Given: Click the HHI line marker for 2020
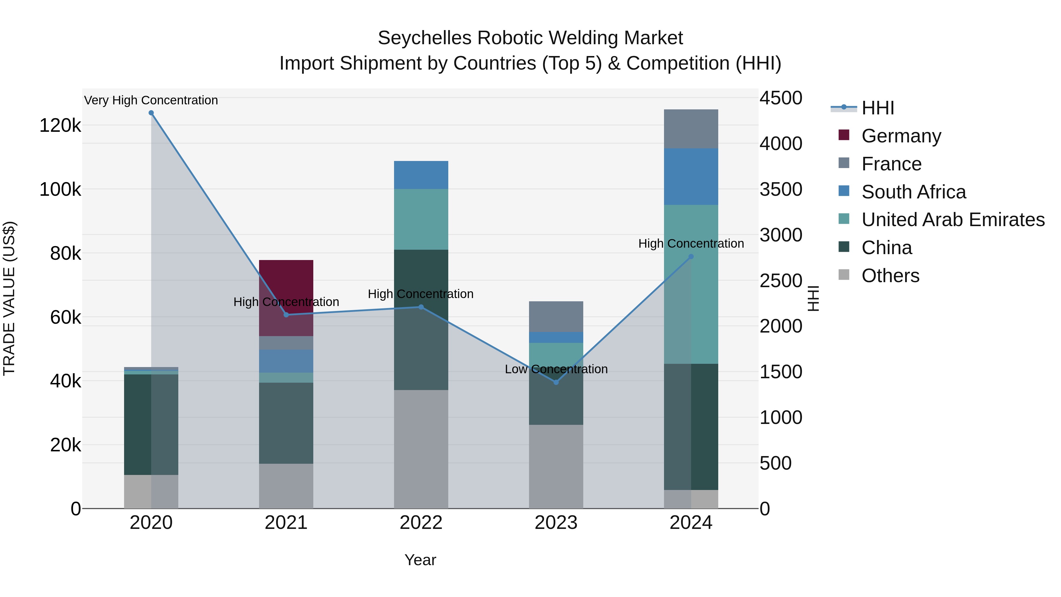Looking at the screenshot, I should [x=151, y=113].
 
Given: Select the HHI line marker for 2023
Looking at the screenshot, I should [x=556, y=382].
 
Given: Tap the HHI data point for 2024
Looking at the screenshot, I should [x=691, y=257].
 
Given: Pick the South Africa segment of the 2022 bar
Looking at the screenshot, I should [x=421, y=175].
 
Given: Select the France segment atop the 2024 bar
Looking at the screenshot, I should [x=691, y=129].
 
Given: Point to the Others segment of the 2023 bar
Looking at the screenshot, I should [x=556, y=466].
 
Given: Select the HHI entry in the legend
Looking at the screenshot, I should [x=877, y=108].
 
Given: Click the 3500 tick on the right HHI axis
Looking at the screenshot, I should [x=780, y=190].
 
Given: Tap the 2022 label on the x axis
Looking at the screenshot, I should [x=421, y=523].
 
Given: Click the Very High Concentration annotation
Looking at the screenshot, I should [x=151, y=100].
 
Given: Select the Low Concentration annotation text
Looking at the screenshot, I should [x=556, y=369].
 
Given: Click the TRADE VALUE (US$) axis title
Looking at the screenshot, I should [x=9, y=298].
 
